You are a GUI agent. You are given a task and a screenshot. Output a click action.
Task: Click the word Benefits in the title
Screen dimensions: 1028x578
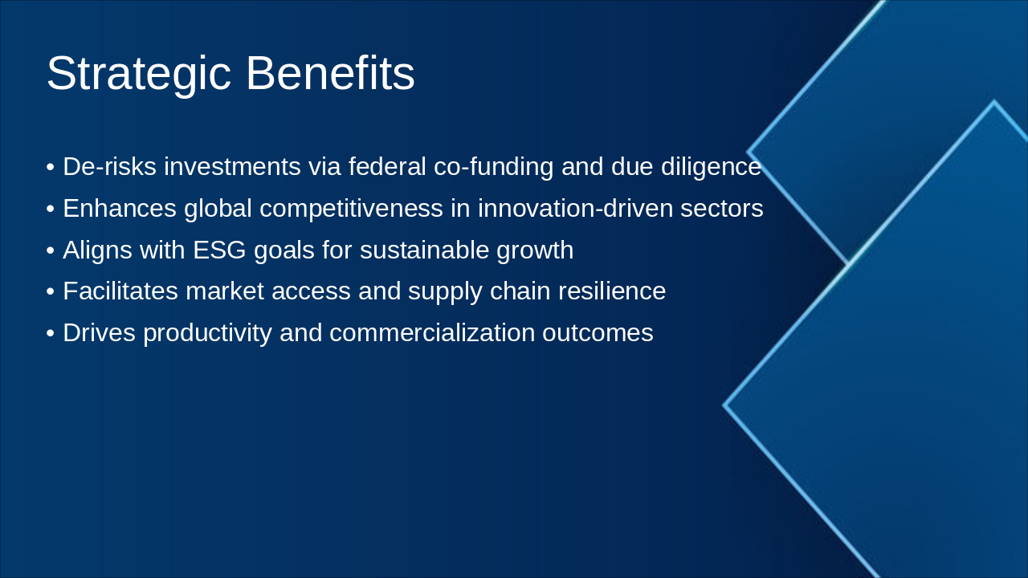(330, 73)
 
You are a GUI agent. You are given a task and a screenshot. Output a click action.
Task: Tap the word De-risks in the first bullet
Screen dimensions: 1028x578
(110, 166)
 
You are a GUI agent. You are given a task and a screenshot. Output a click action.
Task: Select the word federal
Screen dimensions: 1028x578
(387, 166)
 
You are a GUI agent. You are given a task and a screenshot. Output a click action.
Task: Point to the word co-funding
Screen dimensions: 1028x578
(493, 167)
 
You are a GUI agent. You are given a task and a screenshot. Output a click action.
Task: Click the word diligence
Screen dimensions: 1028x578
(711, 167)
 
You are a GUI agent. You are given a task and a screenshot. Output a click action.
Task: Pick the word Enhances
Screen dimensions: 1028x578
(120, 208)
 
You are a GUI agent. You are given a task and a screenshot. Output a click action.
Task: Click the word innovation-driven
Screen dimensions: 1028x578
(575, 208)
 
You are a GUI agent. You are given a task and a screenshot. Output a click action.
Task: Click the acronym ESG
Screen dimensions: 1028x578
(219, 250)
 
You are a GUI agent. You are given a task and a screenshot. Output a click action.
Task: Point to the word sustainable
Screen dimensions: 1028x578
(424, 250)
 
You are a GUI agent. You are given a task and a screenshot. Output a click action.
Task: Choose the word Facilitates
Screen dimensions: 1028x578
(120, 291)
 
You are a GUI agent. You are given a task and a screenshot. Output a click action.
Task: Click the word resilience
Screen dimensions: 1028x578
(612, 291)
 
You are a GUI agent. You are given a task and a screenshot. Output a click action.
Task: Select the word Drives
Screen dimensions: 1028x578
(99, 332)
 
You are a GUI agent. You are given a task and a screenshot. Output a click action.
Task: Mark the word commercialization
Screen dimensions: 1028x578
(432, 332)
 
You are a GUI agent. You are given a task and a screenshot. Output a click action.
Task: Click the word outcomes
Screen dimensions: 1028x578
(598, 333)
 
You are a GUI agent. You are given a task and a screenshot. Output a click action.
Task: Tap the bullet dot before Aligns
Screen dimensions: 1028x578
(51, 251)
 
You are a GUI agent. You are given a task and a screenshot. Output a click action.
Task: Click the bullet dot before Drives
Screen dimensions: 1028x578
(51, 333)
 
